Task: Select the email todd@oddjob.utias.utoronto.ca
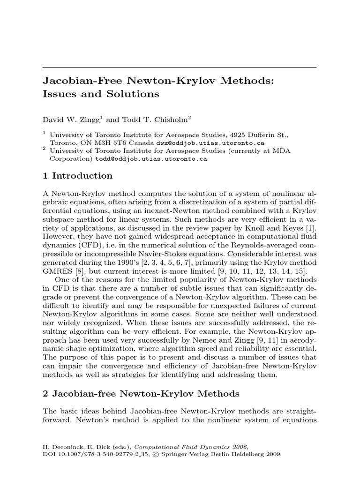151,159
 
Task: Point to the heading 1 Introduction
77,176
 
